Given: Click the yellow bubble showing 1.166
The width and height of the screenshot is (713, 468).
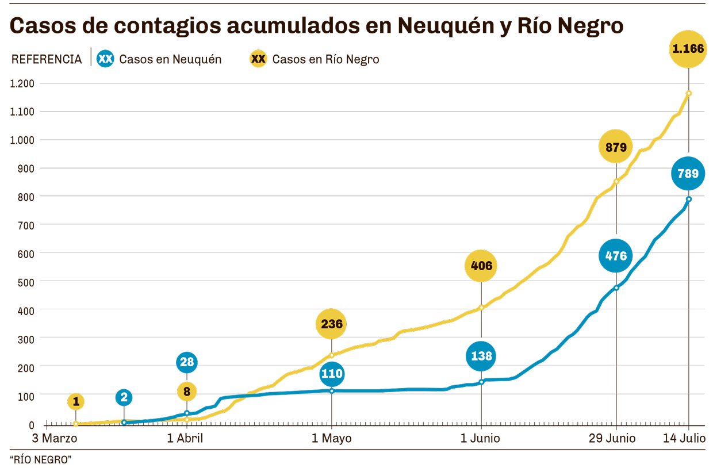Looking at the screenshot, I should (x=688, y=49).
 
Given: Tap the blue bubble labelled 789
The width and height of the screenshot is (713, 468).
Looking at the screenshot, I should (x=688, y=173).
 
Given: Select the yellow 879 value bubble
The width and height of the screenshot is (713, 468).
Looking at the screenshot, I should (x=616, y=147).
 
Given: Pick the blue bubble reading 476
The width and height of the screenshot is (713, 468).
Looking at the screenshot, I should (x=616, y=255).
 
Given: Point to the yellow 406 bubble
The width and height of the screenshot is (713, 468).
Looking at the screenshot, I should (x=481, y=266).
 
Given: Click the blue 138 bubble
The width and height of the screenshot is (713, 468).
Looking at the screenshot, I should (x=481, y=356).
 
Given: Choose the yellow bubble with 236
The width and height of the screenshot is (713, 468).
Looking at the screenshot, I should (x=332, y=324).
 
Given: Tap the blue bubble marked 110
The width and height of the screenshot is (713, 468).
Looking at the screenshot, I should (x=332, y=374).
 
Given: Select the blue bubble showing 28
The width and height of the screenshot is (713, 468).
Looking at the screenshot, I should (x=187, y=362).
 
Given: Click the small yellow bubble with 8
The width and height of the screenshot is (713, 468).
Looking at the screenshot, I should (x=187, y=392).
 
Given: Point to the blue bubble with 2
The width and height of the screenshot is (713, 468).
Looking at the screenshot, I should (x=124, y=397).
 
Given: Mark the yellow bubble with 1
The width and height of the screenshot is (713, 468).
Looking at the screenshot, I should (x=75, y=401).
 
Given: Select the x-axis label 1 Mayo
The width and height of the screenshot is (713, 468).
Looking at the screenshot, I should (x=332, y=438).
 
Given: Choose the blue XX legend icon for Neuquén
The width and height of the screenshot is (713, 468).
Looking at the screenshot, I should (x=106, y=59).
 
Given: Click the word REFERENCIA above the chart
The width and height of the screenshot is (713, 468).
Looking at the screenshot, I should (x=47, y=59).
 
